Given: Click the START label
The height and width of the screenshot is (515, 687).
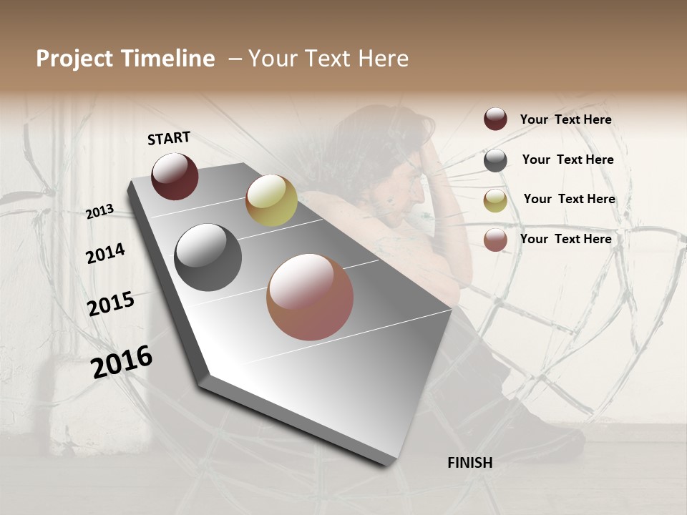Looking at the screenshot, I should click(169, 138).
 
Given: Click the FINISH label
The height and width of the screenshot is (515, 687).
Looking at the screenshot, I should click(469, 463).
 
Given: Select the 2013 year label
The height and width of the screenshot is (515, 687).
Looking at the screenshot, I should click(100, 212).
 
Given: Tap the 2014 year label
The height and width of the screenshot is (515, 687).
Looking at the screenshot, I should click(105, 254).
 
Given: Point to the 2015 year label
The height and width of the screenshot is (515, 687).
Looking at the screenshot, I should click(111, 304).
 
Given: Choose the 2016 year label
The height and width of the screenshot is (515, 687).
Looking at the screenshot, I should click(122, 362).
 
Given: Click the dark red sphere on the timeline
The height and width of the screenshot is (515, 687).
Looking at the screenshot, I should click(175, 176).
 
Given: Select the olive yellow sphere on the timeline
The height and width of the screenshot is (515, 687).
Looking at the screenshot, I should click(271, 200).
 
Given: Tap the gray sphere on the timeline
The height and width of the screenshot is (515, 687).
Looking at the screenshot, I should click(208, 257).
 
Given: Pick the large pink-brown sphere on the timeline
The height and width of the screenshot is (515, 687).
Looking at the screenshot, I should click(310, 297).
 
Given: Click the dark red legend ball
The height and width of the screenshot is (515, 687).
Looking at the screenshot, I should click(495, 119).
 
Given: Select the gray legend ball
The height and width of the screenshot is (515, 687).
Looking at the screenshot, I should click(495, 160).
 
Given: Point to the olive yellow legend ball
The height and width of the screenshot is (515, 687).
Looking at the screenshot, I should click(495, 200).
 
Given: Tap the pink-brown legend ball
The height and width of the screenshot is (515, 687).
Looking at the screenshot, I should click(495, 240).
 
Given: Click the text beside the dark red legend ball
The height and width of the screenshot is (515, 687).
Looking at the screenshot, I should click(565, 120).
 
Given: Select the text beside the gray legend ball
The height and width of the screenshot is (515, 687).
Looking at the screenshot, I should click(567, 160).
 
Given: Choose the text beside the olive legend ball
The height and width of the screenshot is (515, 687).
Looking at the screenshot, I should click(569, 199).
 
